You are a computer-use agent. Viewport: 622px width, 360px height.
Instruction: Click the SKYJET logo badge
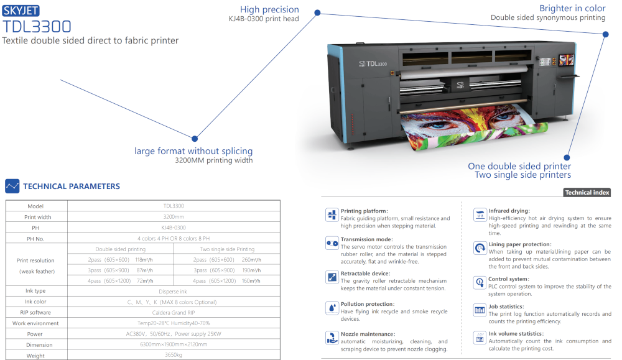(21, 11)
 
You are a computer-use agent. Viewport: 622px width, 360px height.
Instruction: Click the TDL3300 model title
(37, 27)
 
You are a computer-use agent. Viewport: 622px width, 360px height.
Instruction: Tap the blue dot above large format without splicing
(194, 139)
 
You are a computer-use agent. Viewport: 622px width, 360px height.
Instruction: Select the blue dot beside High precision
(317, 12)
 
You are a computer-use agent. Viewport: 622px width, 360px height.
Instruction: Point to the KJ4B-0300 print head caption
(264, 19)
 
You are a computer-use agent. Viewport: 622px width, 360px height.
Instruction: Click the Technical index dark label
(587, 192)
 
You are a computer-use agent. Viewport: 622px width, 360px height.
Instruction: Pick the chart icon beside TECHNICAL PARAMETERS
(12, 186)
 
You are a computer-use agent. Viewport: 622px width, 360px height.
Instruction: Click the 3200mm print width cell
(174, 217)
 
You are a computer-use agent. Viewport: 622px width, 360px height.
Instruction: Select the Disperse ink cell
(172, 292)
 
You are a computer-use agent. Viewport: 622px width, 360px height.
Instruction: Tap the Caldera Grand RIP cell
(174, 312)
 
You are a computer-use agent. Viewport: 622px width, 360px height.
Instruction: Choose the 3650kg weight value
(174, 355)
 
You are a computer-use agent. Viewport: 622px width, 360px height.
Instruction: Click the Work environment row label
(35, 323)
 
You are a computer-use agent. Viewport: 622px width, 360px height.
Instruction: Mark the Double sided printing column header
(120, 249)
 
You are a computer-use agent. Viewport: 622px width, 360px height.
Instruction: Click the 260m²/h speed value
(251, 260)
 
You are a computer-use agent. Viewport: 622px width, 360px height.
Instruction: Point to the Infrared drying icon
(480, 215)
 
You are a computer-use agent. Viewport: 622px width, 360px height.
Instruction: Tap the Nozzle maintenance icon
(332, 338)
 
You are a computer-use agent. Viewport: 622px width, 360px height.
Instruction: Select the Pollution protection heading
(368, 304)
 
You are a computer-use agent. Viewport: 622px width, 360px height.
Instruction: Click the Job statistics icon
(480, 310)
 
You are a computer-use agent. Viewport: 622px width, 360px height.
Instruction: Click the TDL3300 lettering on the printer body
(376, 64)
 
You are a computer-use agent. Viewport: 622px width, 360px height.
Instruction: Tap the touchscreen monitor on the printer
(566, 60)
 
